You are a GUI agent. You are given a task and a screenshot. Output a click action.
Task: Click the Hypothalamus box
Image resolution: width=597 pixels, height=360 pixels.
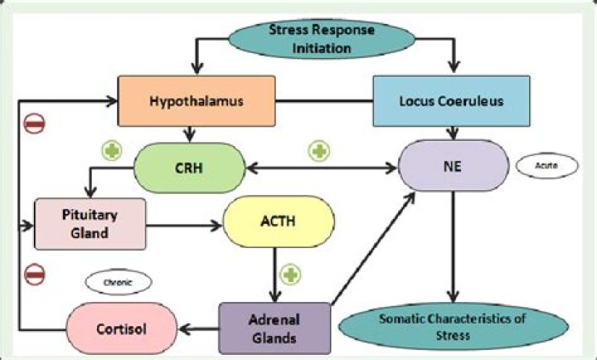pyautogui.click(x=197, y=102)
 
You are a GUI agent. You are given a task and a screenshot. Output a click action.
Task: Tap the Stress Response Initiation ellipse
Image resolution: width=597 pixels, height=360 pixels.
pyautogui.click(x=322, y=39)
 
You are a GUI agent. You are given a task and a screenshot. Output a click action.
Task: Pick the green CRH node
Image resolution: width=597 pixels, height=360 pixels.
pyautogui.click(x=190, y=166)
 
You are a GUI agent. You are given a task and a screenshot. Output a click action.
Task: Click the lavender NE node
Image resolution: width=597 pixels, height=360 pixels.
pyautogui.click(x=453, y=166)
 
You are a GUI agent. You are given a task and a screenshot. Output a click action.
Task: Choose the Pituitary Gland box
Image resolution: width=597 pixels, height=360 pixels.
pyautogui.click(x=90, y=222)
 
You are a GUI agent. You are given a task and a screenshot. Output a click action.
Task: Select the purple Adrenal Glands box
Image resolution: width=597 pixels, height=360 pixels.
pyautogui.click(x=274, y=326)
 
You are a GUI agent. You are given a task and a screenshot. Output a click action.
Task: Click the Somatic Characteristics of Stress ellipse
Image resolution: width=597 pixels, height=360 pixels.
pyautogui.click(x=453, y=327)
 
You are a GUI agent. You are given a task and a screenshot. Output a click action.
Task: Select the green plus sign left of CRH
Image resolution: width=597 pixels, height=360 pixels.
pyautogui.click(x=111, y=151)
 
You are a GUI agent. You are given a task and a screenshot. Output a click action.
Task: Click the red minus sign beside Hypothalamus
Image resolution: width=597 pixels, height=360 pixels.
pyautogui.click(x=34, y=124)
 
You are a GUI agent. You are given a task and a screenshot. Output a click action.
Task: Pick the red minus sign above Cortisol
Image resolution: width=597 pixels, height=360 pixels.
pyautogui.click(x=34, y=273)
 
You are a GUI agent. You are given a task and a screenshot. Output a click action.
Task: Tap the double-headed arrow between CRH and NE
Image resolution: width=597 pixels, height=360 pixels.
pyautogui.click(x=321, y=168)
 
